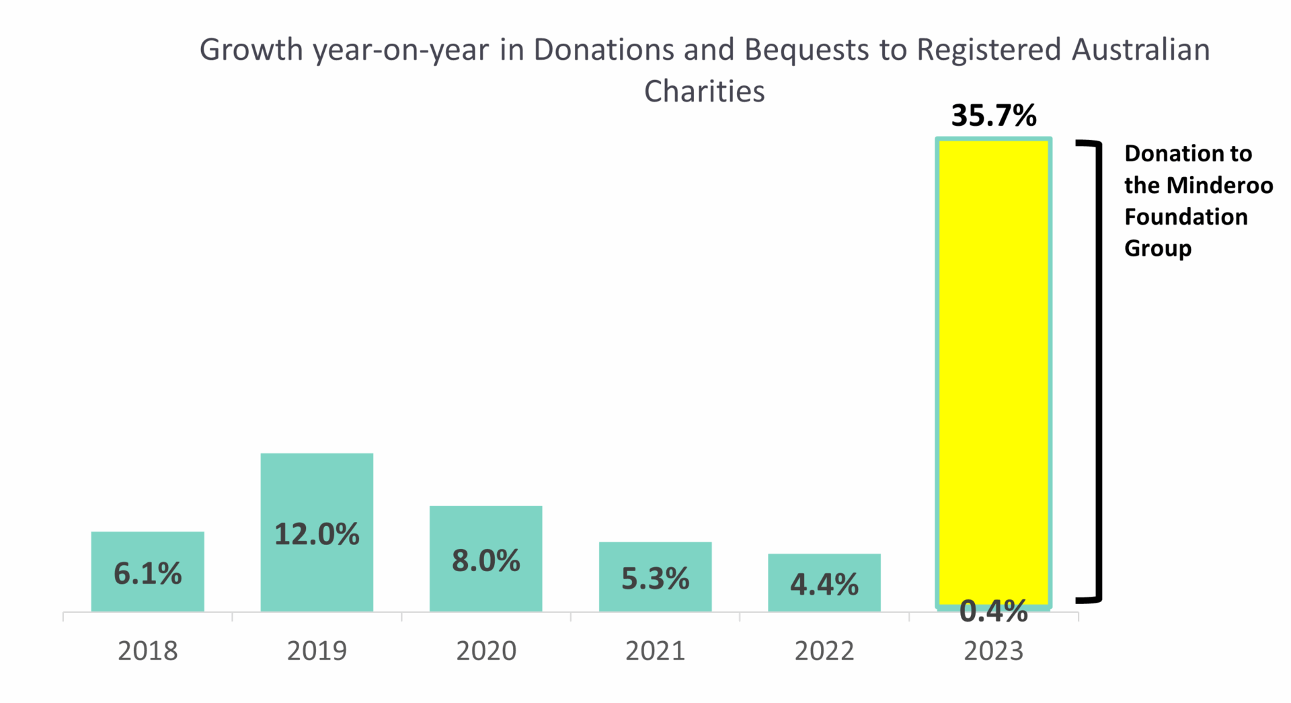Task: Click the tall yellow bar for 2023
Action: click(994, 370)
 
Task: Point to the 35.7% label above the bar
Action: click(994, 116)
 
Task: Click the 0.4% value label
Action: click(994, 612)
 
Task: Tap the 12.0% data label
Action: click(317, 534)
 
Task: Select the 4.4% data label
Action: click(824, 585)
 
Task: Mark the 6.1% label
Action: click(147, 574)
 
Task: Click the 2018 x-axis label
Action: click(147, 651)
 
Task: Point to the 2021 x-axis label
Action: click(655, 651)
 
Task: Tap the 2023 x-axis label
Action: click(994, 651)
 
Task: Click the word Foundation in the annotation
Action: click(1186, 217)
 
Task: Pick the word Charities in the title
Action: click(704, 91)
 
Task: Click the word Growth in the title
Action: click(251, 50)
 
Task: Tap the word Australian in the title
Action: click(1140, 50)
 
